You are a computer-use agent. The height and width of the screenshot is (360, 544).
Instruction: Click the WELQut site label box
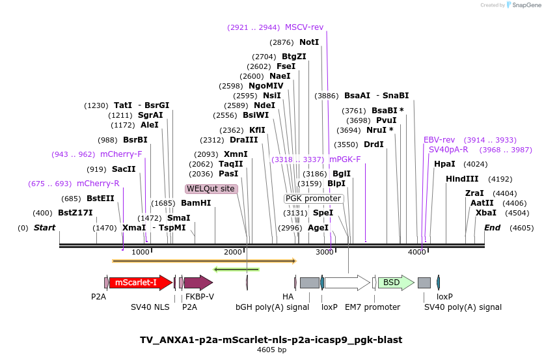tap(211, 189)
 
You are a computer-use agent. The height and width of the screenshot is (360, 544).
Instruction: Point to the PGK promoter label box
tap(313, 199)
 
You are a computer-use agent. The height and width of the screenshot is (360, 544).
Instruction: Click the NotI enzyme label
tap(309, 42)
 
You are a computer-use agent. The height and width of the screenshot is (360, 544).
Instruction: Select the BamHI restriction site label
tap(196, 203)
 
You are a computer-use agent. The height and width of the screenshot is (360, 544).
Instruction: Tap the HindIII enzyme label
tap(462, 179)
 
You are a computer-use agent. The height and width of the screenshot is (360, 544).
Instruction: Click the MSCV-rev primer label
tap(304, 27)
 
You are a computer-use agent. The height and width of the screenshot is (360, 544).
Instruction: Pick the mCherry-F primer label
tap(121, 154)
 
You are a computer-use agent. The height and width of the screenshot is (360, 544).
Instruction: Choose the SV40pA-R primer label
tap(448, 150)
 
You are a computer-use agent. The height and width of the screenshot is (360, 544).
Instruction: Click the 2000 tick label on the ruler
tap(232, 252)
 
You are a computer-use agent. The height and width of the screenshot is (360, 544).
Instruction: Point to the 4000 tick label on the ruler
tap(416, 252)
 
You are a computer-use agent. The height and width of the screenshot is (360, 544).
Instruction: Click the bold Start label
tap(44, 228)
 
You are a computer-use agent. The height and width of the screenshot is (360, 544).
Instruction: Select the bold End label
tap(492, 228)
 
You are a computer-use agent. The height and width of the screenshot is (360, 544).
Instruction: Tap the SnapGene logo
tap(523, 5)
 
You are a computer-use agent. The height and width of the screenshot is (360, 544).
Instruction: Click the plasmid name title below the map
tap(271, 340)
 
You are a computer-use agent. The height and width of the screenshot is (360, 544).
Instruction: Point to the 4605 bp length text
tap(271, 350)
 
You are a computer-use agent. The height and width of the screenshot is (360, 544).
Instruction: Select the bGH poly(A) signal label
tap(273, 307)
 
